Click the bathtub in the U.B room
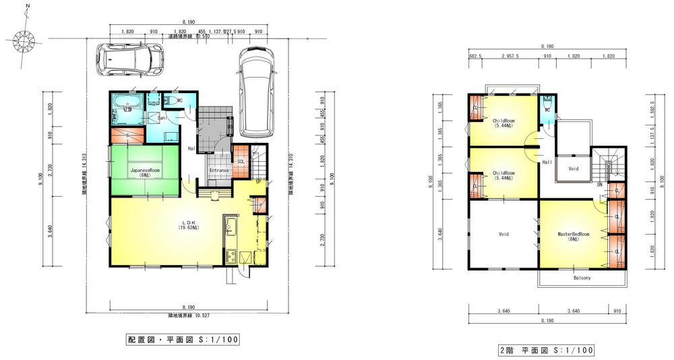point(126,103)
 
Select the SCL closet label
point(241,161)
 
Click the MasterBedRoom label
point(573,235)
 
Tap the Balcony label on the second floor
point(582,278)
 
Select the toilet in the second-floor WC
point(547,103)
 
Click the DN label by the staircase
point(599,184)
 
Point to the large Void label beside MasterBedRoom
point(503,235)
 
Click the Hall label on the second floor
point(547,163)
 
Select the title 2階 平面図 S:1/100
point(546,350)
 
